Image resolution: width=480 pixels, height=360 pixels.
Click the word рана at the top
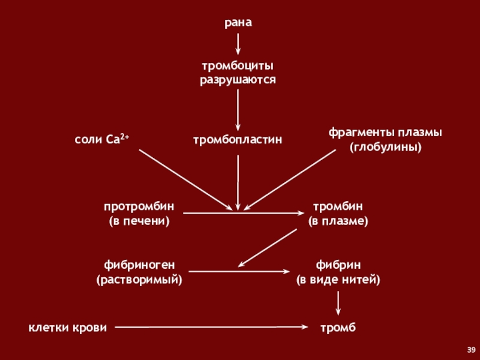pos(238,23)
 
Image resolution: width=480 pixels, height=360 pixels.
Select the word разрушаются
pos(238,79)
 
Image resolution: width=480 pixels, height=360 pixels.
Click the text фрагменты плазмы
pos(385,132)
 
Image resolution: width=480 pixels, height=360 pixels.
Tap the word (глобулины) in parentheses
pos(385,146)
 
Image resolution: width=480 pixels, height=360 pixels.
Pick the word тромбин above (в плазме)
pos(338,206)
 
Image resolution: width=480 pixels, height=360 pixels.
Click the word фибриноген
pos(139,265)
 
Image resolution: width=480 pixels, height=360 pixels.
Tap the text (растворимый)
pos(139,280)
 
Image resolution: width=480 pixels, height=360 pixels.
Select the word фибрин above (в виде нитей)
pos(338,265)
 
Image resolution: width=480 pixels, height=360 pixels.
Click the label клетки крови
pos(68,328)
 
